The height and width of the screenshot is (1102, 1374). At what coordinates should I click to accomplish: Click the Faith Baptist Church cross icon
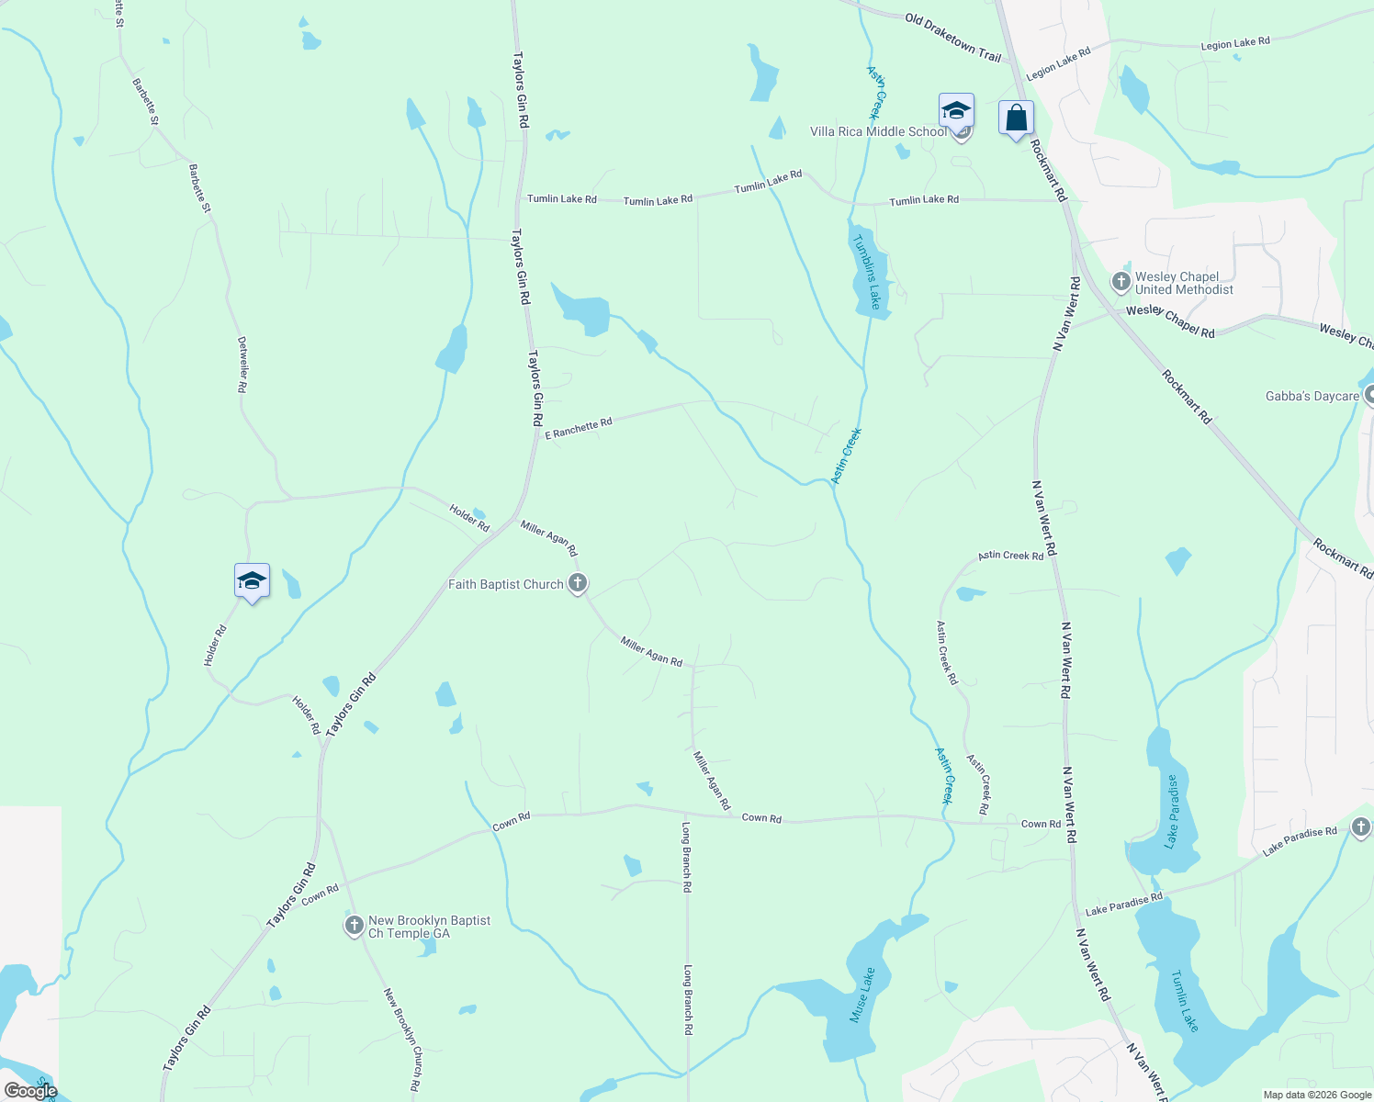(578, 583)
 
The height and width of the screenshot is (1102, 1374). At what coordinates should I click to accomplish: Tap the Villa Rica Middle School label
(878, 131)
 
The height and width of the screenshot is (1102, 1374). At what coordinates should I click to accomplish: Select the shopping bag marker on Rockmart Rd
(1015, 118)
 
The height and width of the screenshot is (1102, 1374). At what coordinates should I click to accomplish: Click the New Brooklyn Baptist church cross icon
(355, 926)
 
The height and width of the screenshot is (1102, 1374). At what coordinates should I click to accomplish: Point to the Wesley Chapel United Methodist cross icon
(1121, 282)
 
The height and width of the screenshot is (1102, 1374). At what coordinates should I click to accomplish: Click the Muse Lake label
(862, 995)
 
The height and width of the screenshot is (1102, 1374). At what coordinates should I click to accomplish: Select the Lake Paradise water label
(1171, 811)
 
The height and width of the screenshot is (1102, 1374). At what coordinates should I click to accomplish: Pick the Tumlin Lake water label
(1185, 1000)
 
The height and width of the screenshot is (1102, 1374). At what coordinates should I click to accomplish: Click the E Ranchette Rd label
(579, 429)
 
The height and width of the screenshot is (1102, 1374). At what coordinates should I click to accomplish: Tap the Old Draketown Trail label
(952, 38)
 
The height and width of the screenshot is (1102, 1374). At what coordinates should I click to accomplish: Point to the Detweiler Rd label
(242, 365)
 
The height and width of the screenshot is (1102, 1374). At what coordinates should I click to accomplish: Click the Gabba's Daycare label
(1312, 396)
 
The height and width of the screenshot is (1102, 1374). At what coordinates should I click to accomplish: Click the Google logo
(30, 1091)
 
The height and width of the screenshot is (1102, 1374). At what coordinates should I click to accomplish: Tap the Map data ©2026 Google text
(1316, 1095)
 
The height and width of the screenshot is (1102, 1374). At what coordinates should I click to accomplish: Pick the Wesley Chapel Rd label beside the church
(1170, 320)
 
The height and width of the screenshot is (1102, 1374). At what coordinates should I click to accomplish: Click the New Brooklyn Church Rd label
(403, 1039)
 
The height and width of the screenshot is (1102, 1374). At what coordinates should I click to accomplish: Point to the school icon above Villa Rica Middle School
(956, 111)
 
